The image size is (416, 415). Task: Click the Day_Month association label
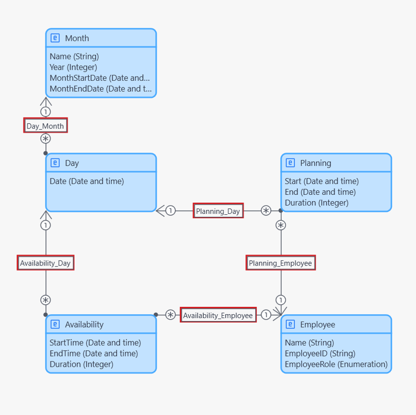pos(45,125)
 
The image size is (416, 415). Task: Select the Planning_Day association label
pos(218,211)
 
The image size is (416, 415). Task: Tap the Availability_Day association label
pos(45,263)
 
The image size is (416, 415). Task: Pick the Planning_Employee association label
pos(281,263)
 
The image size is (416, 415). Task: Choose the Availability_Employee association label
pos(218,315)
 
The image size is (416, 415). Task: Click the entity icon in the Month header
pos(55,38)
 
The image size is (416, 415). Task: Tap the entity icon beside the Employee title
pos(290,324)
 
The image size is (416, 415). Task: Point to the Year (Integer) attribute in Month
pos(73,67)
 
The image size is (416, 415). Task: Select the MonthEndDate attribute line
pos(100,89)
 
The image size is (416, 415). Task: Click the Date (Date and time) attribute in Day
pos(87,181)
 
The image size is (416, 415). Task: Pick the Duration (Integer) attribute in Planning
pos(317,203)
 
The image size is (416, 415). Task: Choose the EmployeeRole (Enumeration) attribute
pos(336,364)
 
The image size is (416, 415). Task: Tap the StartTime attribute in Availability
pos(95,342)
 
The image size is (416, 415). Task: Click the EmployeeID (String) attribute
pos(320,354)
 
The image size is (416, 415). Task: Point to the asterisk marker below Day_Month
pos(46,139)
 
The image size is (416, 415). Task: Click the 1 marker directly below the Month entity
pos(46,112)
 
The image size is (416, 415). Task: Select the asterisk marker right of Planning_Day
pos(266,211)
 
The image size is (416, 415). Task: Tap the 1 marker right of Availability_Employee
pos(266,315)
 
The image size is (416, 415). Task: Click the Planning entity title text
pos(316,163)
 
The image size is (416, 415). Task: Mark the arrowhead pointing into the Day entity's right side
pos(160,211)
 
